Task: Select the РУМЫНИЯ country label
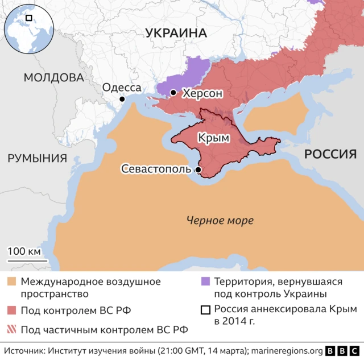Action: [x=37, y=158]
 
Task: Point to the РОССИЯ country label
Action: [x=330, y=154]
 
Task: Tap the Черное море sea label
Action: [x=220, y=221]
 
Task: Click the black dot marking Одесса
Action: [x=122, y=99]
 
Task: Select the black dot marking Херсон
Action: [x=173, y=92]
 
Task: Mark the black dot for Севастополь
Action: [x=198, y=169]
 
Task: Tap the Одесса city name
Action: [x=121, y=87]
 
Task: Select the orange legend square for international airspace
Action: [x=11, y=282]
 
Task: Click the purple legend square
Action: [x=205, y=282]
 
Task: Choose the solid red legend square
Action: [x=11, y=311]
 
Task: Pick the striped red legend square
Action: [x=11, y=329]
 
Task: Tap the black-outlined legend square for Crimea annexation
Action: [x=205, y=311]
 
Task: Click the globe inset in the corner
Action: [x=28, y=27]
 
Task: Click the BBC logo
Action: [x=343, y=351]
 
